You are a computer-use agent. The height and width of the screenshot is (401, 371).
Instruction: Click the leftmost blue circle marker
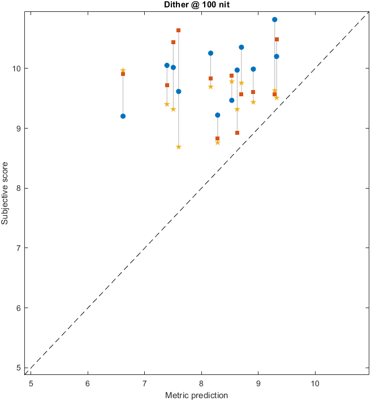point(123,116)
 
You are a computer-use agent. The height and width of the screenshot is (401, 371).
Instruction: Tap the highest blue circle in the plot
point(275,19)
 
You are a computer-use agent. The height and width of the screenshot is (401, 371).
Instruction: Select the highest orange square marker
point(178,30)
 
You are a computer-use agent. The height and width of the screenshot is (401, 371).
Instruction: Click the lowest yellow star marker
point(179,147)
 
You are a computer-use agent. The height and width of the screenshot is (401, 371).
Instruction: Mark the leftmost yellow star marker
point(123,70)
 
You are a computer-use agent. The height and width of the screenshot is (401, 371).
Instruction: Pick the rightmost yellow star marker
point(277,97)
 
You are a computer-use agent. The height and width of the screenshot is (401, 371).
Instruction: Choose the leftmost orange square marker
point(123,74)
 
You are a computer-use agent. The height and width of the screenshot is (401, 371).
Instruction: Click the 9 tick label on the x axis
point(258,383)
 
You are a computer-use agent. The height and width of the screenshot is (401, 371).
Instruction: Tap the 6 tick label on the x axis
point(88,383)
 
